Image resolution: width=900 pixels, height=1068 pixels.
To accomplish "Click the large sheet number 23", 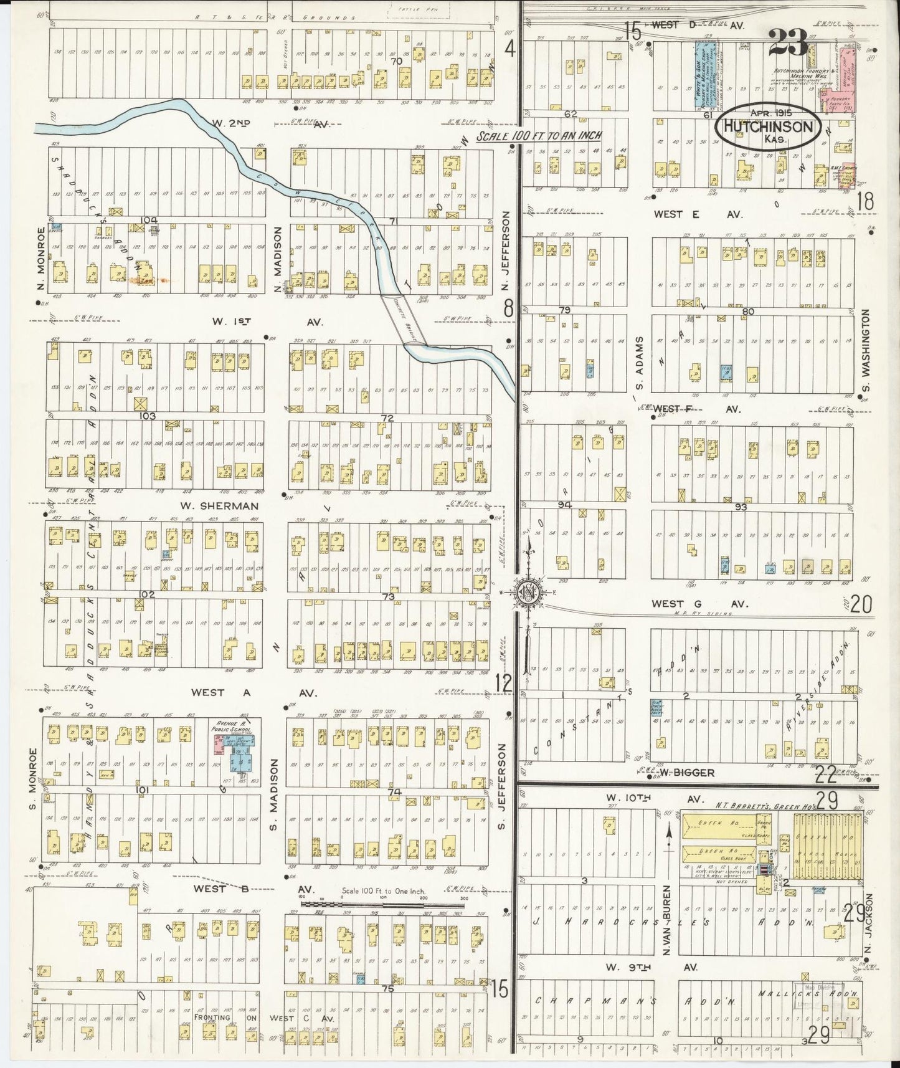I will pyautogui.click(x=787, y=42).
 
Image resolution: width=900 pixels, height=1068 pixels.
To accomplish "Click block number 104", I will pyautogui.click(x=149, y=220).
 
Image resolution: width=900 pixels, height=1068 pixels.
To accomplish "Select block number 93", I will pyautogui.click(x=740, y=507).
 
